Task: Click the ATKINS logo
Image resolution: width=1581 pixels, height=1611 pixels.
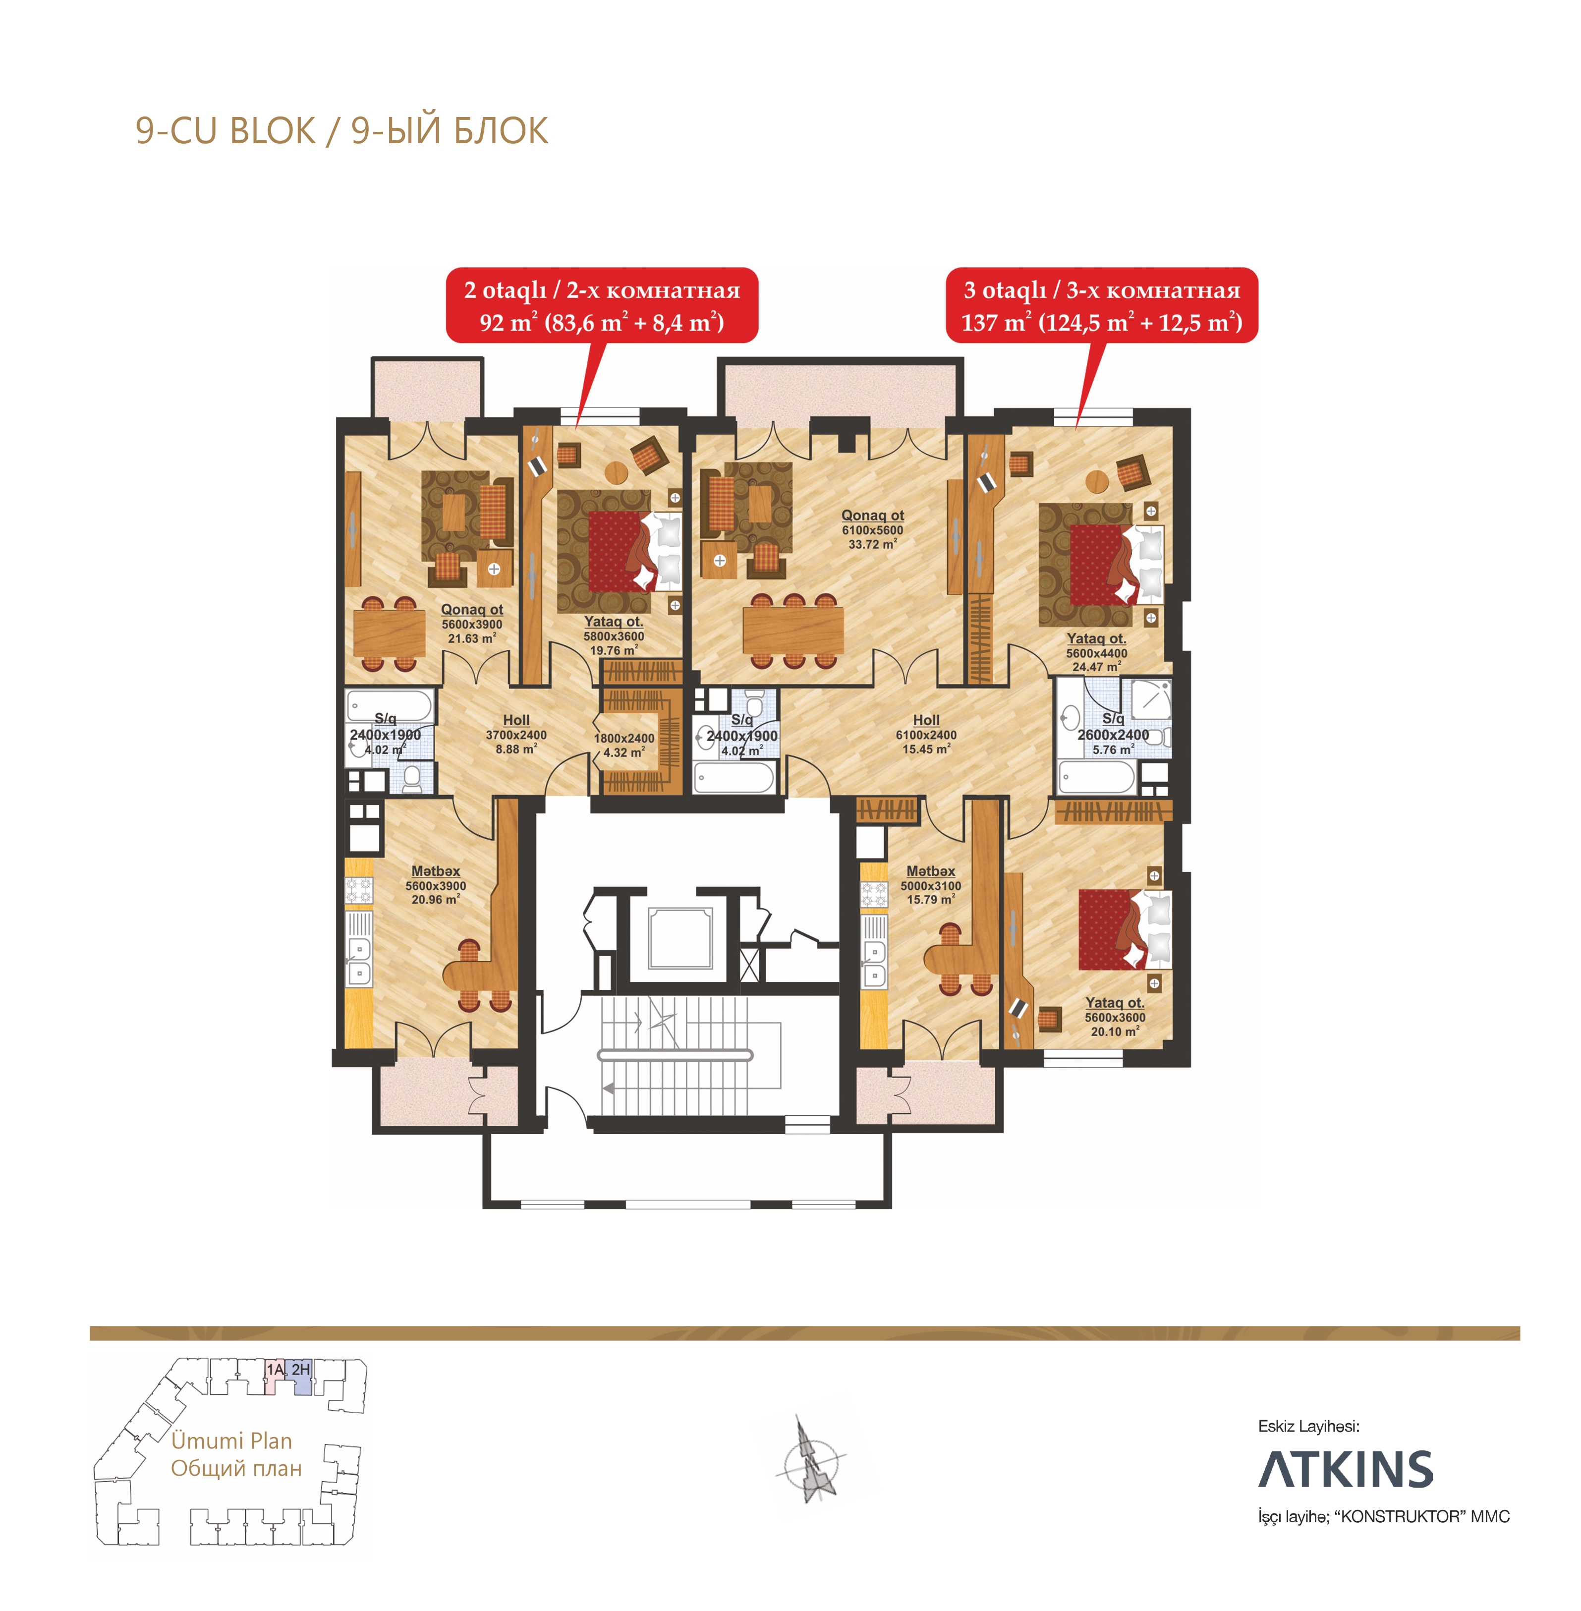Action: [x=1345, y=1469]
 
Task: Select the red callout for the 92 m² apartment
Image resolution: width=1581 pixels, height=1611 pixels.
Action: [x=602, y=305]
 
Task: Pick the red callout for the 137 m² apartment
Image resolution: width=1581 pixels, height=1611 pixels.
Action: [x=1102, y=305]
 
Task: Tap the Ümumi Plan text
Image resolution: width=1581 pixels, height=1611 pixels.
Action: [x=231, y=1441]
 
